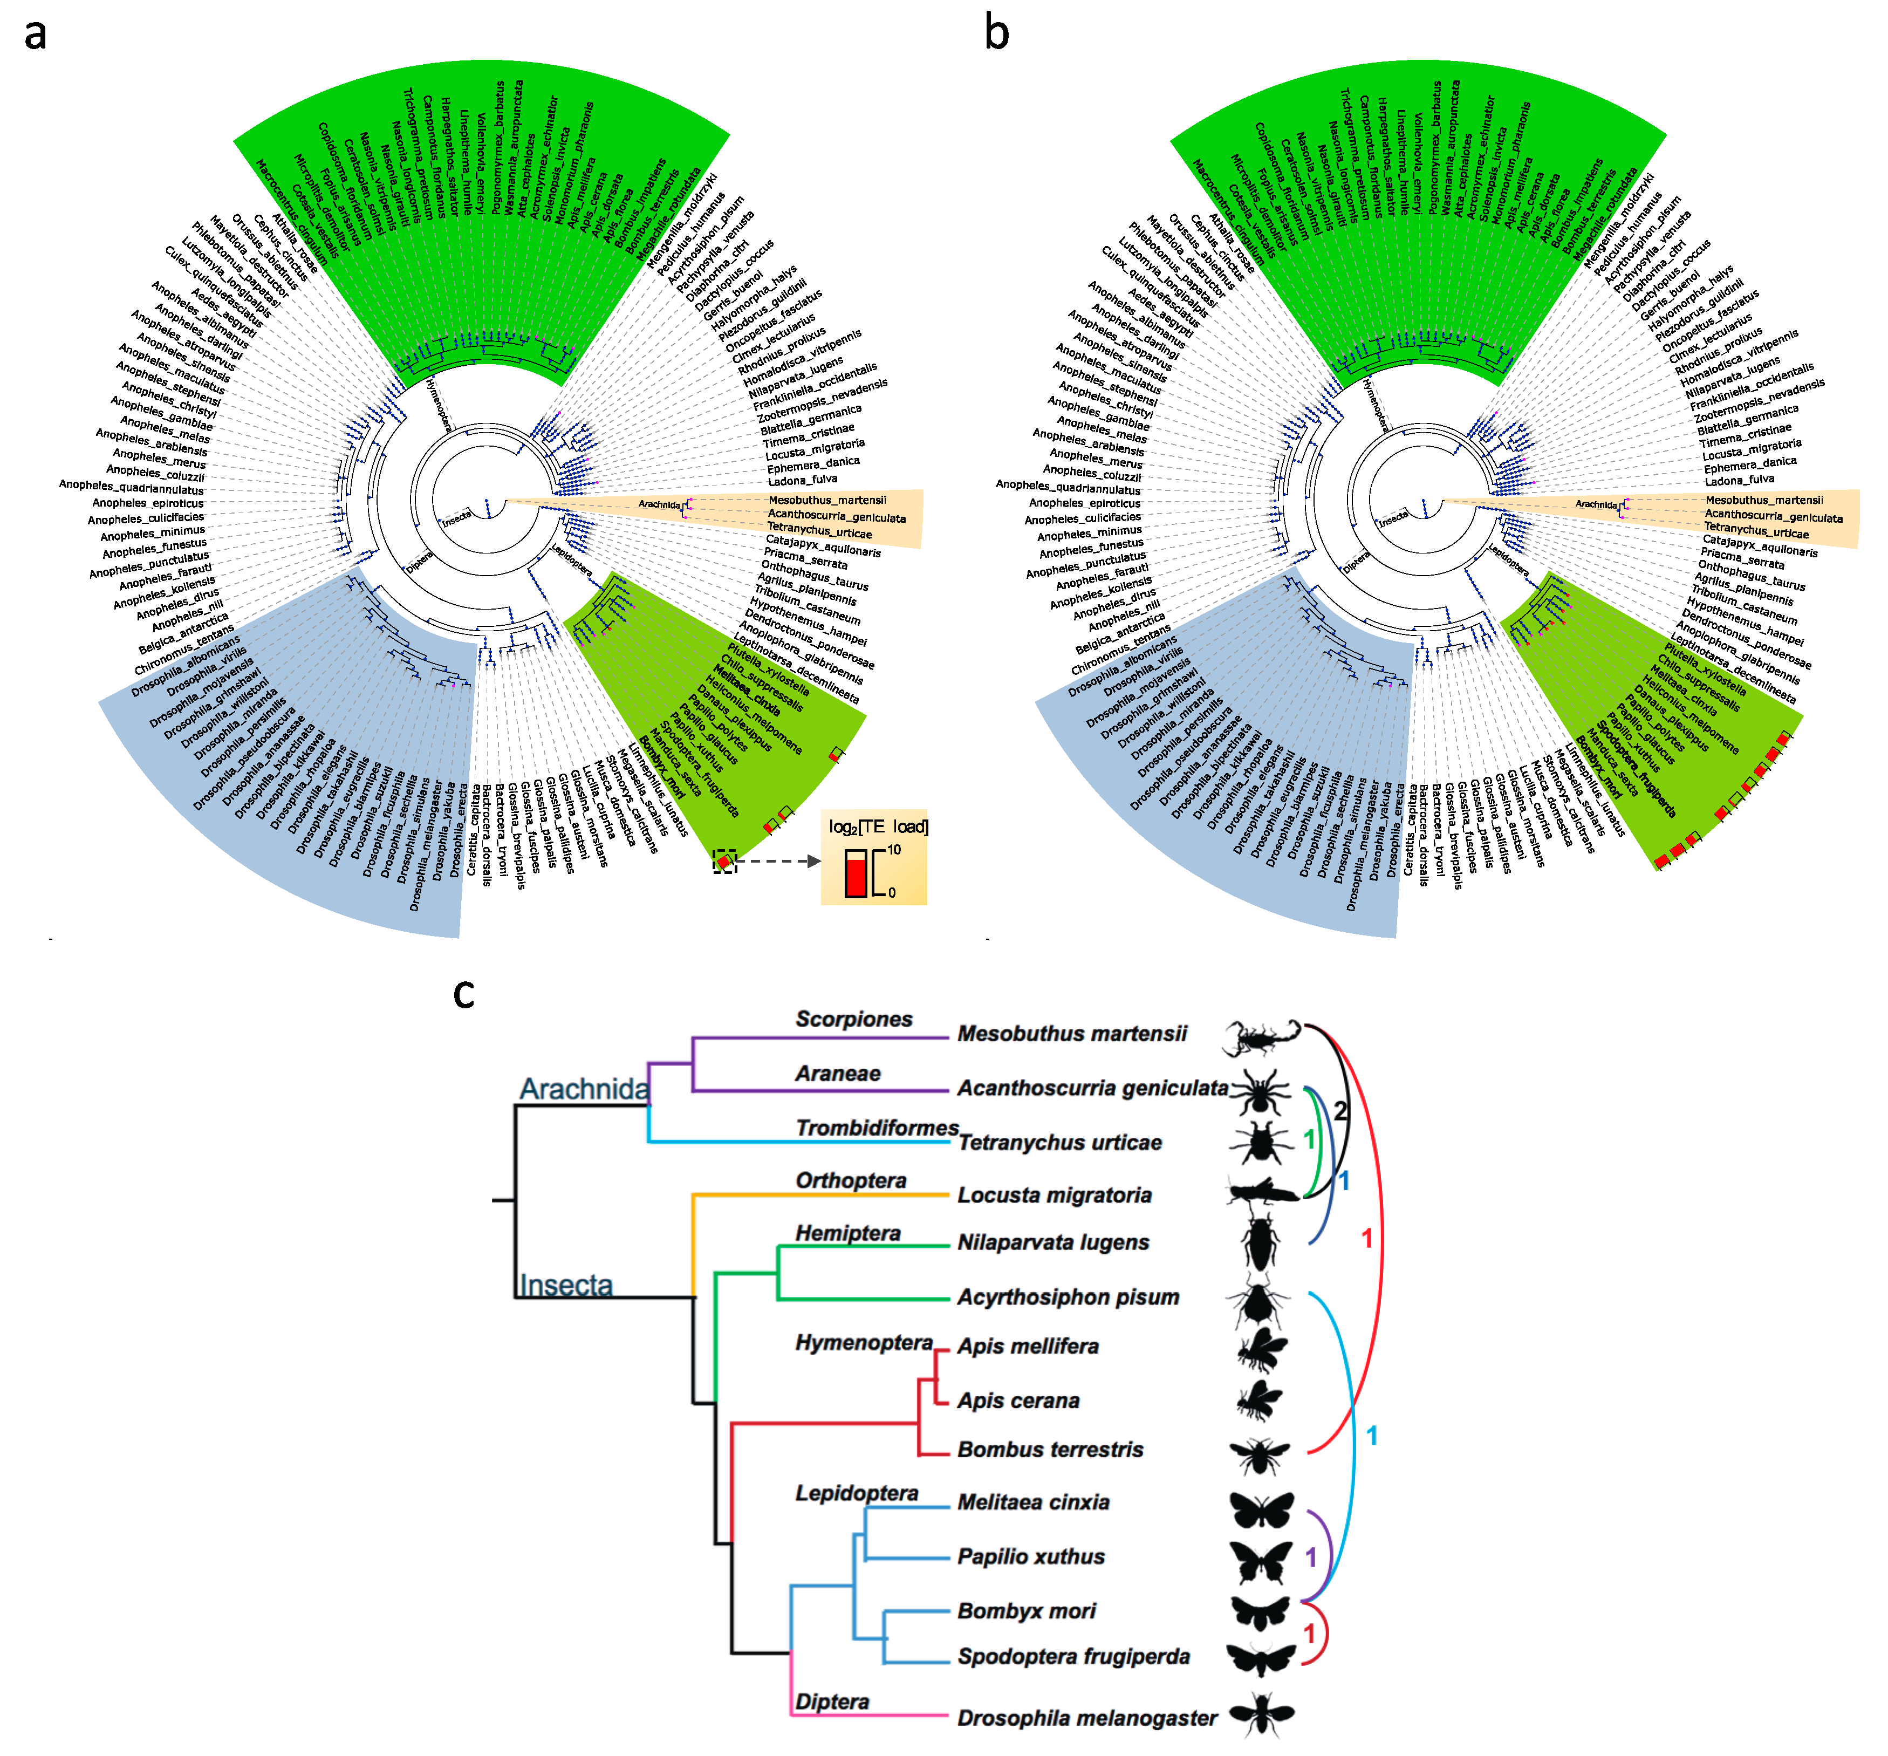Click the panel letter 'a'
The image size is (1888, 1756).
[35, 34]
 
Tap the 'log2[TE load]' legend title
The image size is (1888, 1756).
[878, 826]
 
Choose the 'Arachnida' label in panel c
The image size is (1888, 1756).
[584, 1088]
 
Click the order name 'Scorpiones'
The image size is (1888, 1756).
[854, 1019]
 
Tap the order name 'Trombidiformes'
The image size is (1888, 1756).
[877, 1128]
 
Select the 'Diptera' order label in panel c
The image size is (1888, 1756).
[832, 1701]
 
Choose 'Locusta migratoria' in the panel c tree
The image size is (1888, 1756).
[1054, 1195]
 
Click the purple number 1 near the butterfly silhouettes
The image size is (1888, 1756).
[1311, 1556]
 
